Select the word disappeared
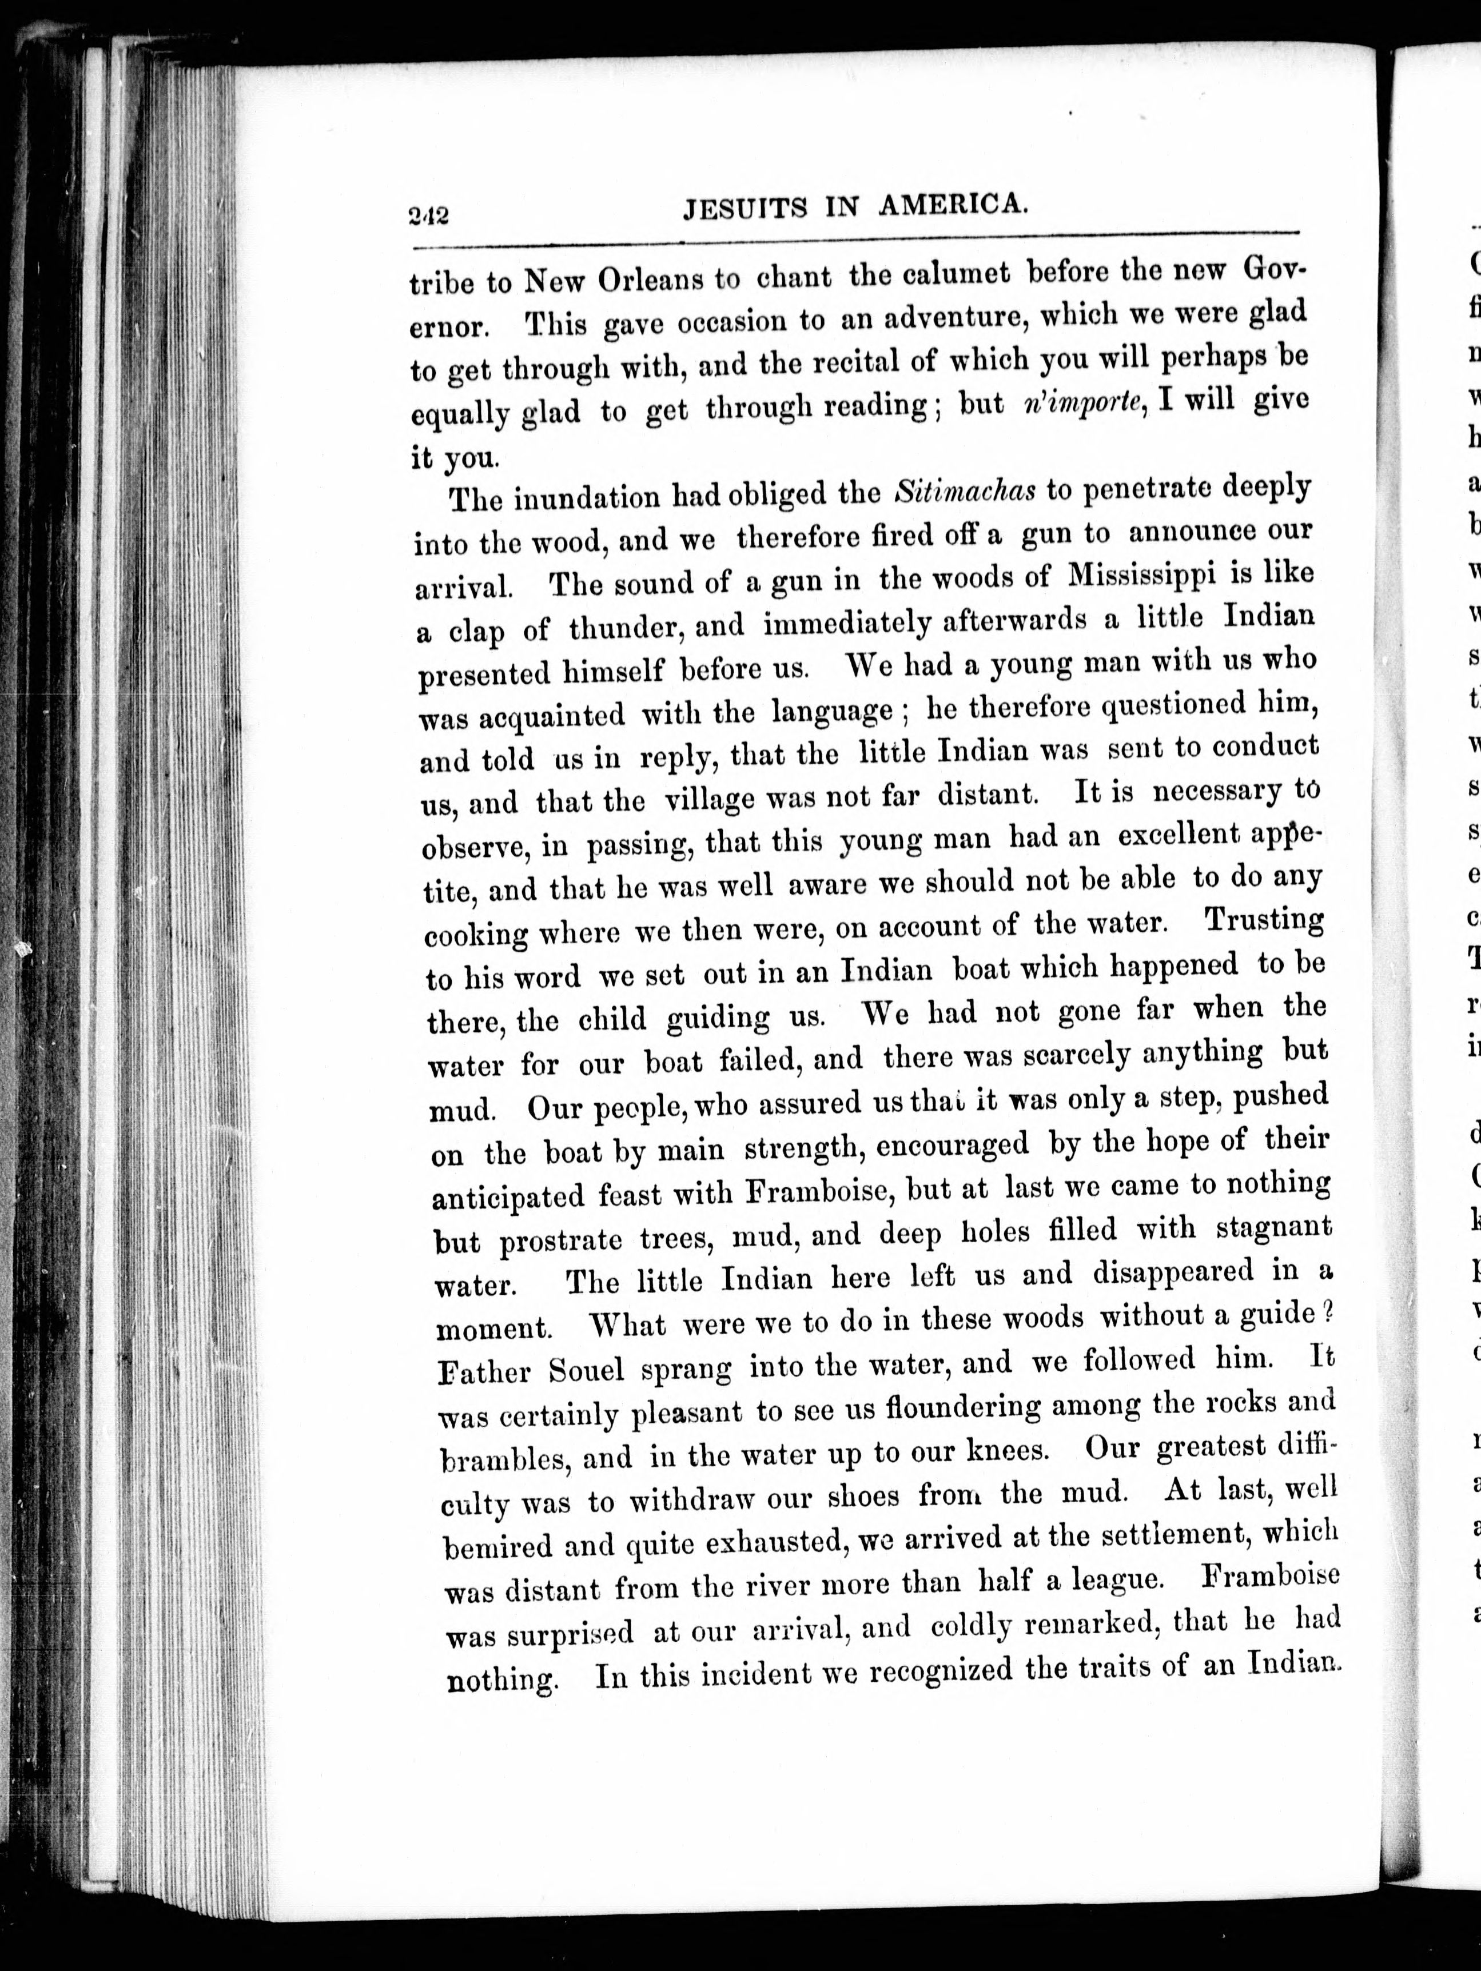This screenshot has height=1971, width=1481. click(1171, 1273)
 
